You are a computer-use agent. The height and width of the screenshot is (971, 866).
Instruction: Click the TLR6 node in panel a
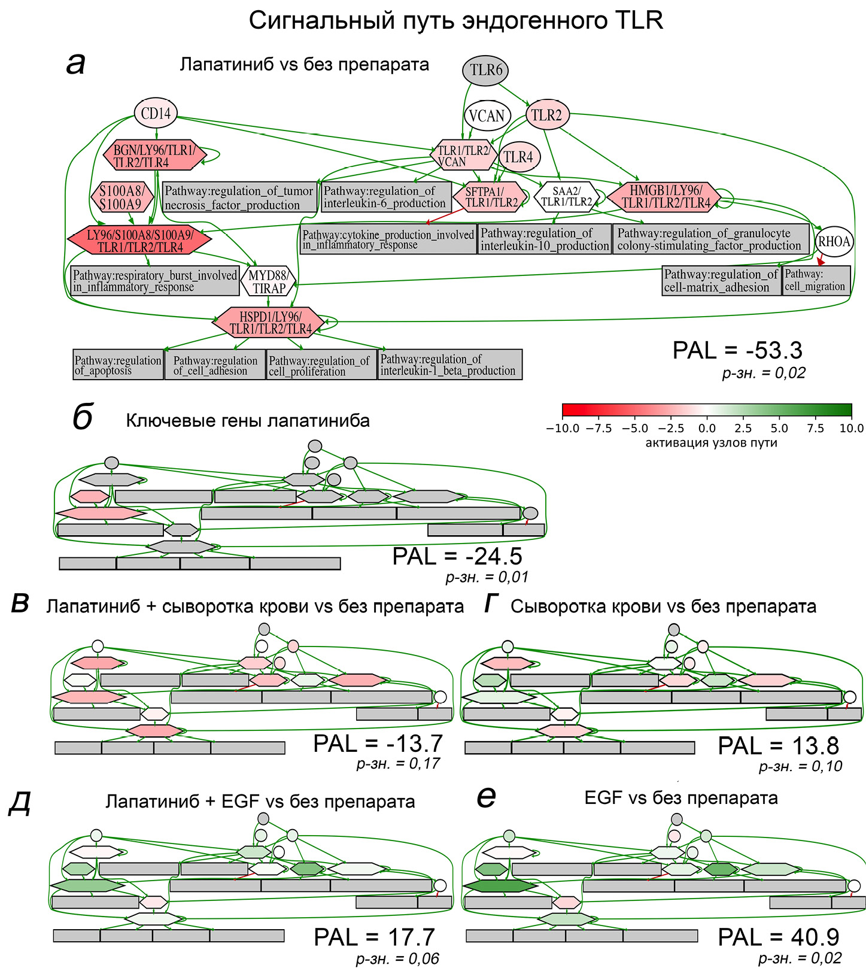485,71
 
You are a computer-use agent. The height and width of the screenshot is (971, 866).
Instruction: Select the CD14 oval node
156,113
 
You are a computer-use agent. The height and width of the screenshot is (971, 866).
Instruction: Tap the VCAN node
487,116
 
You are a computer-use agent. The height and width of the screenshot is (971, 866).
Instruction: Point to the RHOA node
834,242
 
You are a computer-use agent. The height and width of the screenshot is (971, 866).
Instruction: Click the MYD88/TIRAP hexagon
269,281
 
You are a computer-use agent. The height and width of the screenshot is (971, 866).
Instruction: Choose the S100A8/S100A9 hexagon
121,198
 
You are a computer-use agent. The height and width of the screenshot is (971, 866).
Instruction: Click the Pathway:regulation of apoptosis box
118,365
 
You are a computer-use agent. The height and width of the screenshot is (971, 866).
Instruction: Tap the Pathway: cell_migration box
816,280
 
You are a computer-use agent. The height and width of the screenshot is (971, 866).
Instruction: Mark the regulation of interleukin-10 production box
545,239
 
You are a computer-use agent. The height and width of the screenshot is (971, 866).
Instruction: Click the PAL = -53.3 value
737,350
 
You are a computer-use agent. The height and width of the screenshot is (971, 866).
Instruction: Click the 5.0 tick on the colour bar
779,428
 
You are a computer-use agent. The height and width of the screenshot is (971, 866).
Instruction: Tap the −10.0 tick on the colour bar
563,428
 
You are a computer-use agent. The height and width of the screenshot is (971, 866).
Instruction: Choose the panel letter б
82,417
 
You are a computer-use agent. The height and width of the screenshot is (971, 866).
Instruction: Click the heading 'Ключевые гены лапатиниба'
248,421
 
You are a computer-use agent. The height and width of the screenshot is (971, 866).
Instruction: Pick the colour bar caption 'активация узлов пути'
711,443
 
